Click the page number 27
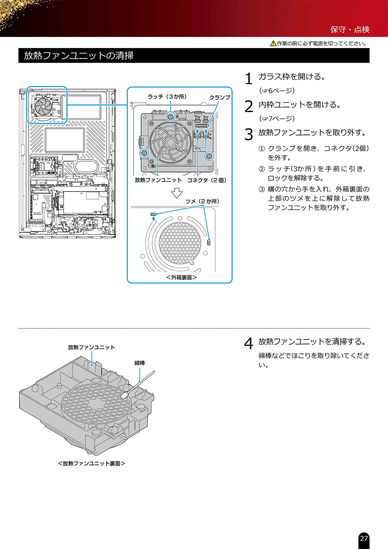(364, 538)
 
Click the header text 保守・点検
(350, 29)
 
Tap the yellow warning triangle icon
(273, 43)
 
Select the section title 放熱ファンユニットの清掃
(79, 56)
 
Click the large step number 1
(249, 79)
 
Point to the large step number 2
(249, 107)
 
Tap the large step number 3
(249, 135)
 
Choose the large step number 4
(249, 344)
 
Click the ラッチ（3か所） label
(167, 97)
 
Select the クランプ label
(220, 97)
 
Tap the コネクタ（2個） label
(207, 180)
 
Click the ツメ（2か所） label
(202, 201)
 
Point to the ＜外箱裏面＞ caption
(182, 277)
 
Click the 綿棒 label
(140, 363)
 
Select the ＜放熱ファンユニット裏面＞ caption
(92, 464)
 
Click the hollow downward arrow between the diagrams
(177, 193)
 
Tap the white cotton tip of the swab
(124, 395)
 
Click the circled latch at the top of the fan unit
(171, 116)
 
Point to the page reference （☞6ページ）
(277, 91)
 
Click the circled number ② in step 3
(262, 169)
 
